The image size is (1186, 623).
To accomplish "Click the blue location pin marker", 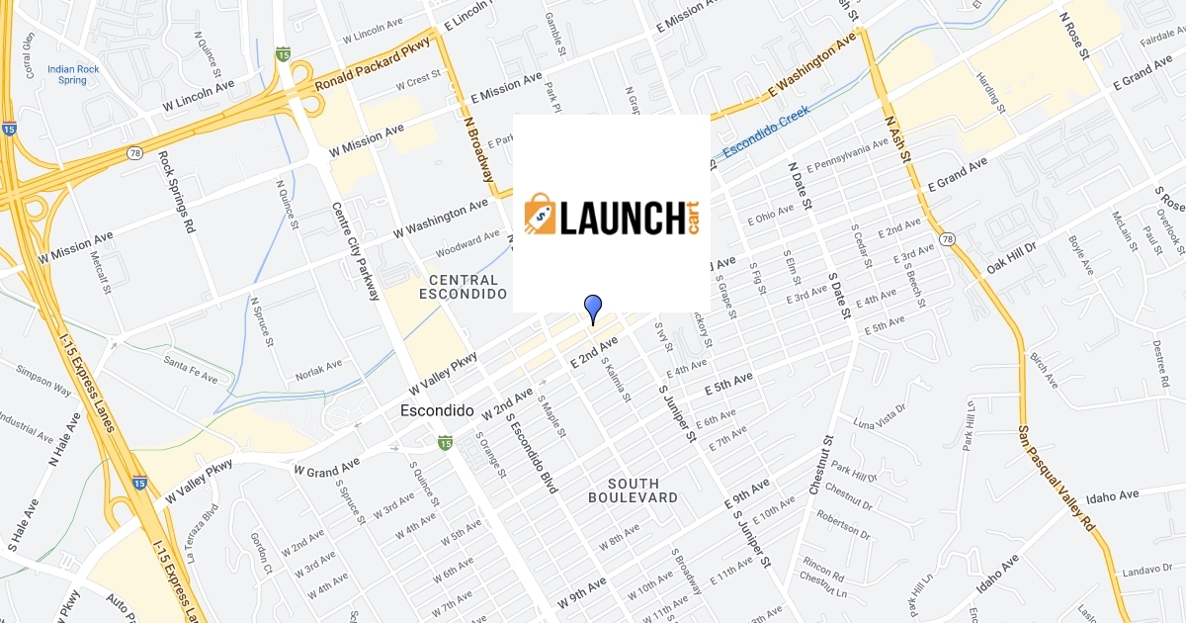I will click(x=593, y=308).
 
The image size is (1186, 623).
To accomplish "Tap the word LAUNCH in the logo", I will click(x=622, y=217).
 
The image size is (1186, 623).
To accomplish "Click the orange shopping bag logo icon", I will click(x=541, y=215).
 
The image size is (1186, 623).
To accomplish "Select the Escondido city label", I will click(x=438, y=410).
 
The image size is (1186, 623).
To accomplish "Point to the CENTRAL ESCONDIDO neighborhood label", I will click(x=463, y=287).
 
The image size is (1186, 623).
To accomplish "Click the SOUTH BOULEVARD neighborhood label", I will click(x=634, y=490).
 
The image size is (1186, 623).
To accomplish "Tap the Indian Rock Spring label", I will click(x=73, y=74).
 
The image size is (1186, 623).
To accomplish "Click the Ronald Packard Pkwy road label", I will click(x=374, y=65).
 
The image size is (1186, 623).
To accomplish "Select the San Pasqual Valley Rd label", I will click(x=1057, y=477).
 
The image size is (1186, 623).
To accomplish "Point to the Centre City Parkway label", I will click(x=356, y=251).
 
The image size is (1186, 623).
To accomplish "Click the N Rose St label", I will click(x=1072, y=36).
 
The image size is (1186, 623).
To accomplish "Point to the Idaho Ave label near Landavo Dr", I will click(x=1113, y=493).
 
